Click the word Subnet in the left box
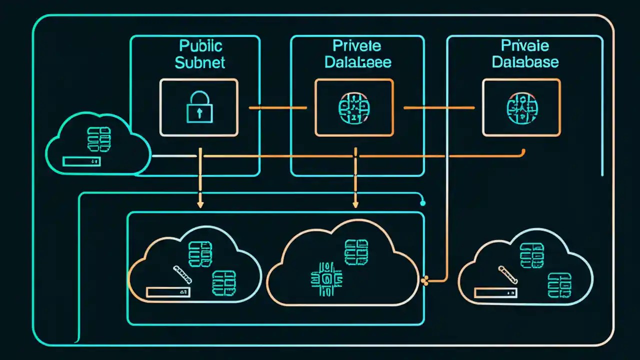pos(200,62)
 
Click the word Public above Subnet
pos(200,46)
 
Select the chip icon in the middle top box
pos(354,107)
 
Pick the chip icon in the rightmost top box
pos(521,107)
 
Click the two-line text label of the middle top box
pos(357,54)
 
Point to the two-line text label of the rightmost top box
pos(525,54)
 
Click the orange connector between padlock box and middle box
pos(277,107)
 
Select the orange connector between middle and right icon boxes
pos(438,107)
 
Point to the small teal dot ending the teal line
pos(423,203)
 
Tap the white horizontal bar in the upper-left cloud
pos(81,161)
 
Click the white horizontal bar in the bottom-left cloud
pos(168,291)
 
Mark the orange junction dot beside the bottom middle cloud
pos(426,281)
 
